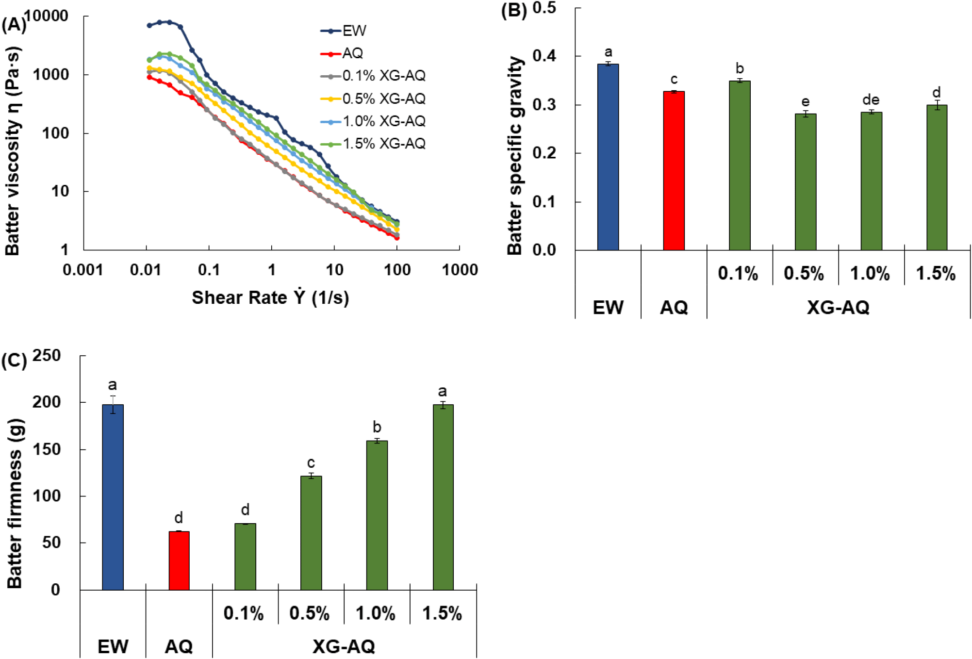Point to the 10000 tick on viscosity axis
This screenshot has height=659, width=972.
(x=47, y=16)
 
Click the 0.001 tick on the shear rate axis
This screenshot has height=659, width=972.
(x=83, y=270)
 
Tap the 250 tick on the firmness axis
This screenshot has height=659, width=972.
(x=47, y=356)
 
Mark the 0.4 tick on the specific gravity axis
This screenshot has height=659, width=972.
(x=544, y=56)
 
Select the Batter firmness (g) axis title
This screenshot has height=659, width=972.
(x=15, y=504)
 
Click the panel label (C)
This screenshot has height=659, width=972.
(x=14, y=361)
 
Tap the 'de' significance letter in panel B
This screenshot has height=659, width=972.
(x=871, y=100)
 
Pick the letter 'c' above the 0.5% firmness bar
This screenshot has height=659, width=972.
(x=311, y=463)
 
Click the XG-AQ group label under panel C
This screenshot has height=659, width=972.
(x=344, y=646)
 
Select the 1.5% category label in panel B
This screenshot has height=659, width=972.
(x=936, y=274)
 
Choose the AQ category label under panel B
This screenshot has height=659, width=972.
(x=674, y=307)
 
